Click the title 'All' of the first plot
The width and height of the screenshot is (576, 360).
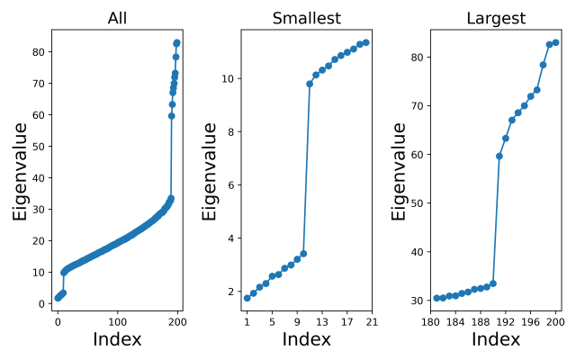pos(117,19)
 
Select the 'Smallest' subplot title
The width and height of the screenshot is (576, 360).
pos(306,19)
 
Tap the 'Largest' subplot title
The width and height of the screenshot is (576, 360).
pos(495,19)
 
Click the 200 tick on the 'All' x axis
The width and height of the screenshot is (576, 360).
pos(177,321)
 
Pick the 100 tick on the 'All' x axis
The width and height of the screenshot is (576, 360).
pos(117,321)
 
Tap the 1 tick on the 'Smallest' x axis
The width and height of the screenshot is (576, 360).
pos(247,321)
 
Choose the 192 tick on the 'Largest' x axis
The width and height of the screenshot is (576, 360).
pos(506,321)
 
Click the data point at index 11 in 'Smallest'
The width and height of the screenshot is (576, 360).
pos(310,84)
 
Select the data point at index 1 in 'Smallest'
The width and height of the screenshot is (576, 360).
pos(247,298)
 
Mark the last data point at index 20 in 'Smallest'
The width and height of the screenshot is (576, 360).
pos(365,42)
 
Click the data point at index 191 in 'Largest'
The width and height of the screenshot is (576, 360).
pos(499,156)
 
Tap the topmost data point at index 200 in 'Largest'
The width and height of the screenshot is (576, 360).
pos(555,42)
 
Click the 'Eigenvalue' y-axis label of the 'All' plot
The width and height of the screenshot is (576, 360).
pos(19,172)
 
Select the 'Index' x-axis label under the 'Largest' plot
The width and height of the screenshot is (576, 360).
pos(495,340)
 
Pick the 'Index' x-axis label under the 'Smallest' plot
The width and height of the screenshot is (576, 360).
pos(306,340)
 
